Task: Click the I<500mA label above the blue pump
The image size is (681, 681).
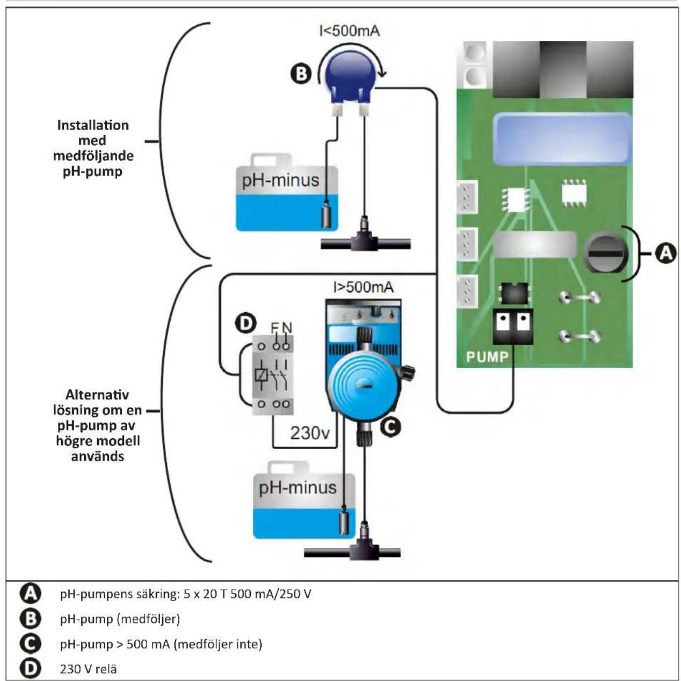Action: click(x=349, y=31)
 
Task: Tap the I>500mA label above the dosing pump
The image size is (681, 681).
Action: click(x=363, y=287)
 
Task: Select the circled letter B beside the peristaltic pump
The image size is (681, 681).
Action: click(x=301, y=75)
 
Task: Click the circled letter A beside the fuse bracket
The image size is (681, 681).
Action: click(x=666, y=253)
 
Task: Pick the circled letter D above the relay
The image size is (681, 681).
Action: click(x=246, y=323)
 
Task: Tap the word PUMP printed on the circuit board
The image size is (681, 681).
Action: click(x=487, y=357)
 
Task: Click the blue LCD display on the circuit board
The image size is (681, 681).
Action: click(x=563, y=140)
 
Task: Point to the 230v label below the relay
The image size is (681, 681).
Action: click(x=309, y=433)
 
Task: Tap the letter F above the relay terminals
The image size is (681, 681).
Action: click(x=274, y=328)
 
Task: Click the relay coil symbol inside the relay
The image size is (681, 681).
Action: click(x=261, y=374)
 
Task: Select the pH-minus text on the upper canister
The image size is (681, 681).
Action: click(x=280, y=180)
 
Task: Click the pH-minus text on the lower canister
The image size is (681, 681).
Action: click(x=298, y=487)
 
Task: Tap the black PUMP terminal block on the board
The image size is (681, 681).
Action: click(x=513, y=326)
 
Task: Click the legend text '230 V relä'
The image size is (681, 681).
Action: click(x=89, y=669)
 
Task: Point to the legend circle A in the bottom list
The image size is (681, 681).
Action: click(x=31, y=593)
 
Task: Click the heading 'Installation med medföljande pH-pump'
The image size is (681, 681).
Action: click(x=93, y=148)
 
